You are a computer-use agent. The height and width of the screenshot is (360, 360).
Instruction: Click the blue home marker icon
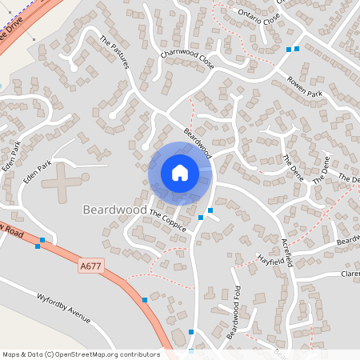180,173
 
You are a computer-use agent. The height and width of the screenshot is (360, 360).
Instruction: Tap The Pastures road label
114,52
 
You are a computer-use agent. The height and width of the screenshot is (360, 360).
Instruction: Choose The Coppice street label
168,222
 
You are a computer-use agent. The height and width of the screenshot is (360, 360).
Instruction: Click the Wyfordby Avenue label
64,309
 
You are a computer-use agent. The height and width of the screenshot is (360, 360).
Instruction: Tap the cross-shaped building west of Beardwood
66,183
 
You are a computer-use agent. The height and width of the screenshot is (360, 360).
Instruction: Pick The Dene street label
321,169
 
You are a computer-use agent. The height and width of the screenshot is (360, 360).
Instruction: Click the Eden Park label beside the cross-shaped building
37,171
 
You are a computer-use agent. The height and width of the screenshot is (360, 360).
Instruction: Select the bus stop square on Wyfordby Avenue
145,300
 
